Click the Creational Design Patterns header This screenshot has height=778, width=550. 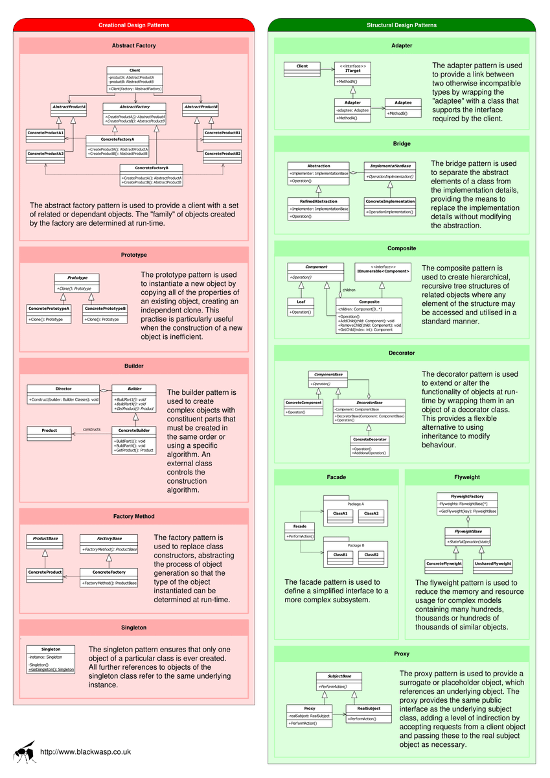(133, 25)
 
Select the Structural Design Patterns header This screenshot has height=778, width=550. (402, 25)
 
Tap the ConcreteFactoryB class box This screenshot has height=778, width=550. (151, 174)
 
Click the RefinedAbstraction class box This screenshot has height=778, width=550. (318, 208)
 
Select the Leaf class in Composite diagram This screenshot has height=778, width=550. (300, 307)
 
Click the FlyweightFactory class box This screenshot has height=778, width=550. (467, 504)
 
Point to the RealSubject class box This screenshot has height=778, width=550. (368, 713)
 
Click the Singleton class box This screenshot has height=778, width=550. (51, 659)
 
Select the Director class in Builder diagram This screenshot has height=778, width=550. (63, 394)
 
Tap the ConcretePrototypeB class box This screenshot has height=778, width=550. (104, 313)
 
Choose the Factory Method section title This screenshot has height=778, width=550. (133, 517)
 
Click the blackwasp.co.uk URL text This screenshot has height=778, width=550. (86, 752)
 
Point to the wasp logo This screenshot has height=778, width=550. (25, 752)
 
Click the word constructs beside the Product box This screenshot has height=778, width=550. (91, 429)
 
